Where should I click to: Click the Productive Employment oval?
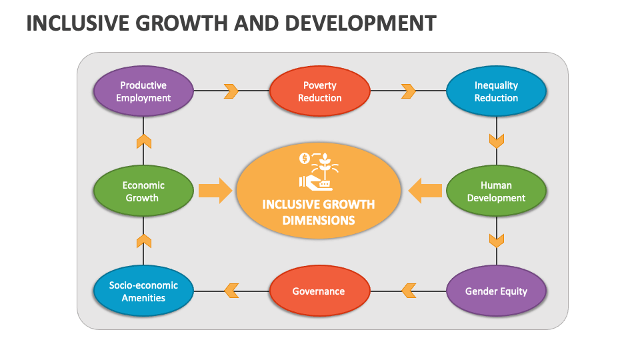pyautogui.click(x=143, y=91)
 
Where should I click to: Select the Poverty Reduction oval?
pyautogui.click(x=319, y=91)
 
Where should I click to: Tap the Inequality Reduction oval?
pyautogui.click(x=496, y=91)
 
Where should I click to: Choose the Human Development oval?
pyautogui.click(x=496, y=191)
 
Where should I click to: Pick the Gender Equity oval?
pyautogui.click(x=496, y=291)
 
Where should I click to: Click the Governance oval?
pyautogui.click(x=319, y=291)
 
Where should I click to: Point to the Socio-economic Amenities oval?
pyautogui.click(x=143, y=291)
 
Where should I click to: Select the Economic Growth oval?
pyautogui.click(x=143, y=191)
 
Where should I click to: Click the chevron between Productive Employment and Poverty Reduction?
pyautogui.click(x=231, y=91)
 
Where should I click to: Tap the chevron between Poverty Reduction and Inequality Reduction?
pyautogui.click(x=408, y=91)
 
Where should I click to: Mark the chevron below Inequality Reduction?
pyautogui.click(x=496, y=141)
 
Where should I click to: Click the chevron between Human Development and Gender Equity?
pyautogui.click(x=496, y=240)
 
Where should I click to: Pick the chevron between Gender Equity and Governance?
pyautogui.click(x=408, y=291)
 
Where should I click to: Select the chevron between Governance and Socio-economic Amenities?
pyautogui.click(x=231, y=291)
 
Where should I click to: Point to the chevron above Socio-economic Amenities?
pyautogui.click(x=143, y=240)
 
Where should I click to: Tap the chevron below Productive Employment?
pyautogui.click(x=143, y=141)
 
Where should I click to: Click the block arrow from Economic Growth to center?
pyautogui.click(x=215, y=191)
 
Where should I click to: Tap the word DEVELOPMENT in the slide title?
pyautogui.click(x=361, y=23)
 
